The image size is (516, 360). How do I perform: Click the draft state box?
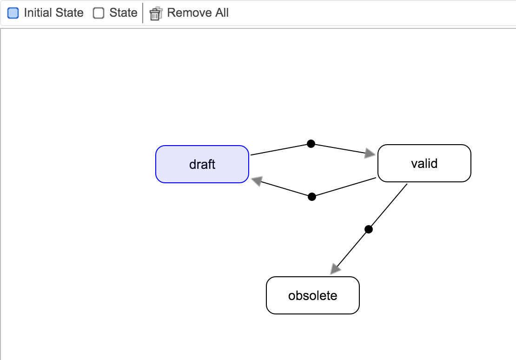pos(202,164)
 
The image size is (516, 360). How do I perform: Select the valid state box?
pos(424,163)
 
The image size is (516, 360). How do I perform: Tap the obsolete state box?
pos(313,295)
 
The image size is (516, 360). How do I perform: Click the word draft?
pos(202,164)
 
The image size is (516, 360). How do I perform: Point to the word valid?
pos(424,163)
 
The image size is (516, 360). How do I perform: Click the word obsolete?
pos(313,295)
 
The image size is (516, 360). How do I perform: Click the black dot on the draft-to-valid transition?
pos(311,144)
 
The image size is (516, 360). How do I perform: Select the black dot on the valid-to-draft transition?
pos(312,197)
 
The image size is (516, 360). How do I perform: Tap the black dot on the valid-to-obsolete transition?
pos(369,229)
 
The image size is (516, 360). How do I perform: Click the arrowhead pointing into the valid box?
pos(370,153)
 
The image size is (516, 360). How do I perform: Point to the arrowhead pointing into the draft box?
pos(257,181)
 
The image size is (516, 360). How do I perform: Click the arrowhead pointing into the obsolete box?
pos(335,269)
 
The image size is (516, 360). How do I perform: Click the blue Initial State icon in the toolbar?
pos(13,13)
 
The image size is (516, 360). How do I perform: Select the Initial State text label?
pos(53,13)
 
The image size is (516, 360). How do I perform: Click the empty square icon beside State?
pos(99,13)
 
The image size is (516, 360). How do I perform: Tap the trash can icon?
pos(156,13)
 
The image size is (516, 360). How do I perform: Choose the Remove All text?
pos(198,13)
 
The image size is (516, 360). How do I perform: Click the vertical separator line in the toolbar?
pos(143,13)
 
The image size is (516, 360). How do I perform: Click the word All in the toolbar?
pos(222,13)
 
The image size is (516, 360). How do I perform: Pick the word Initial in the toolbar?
pos(38,13)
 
